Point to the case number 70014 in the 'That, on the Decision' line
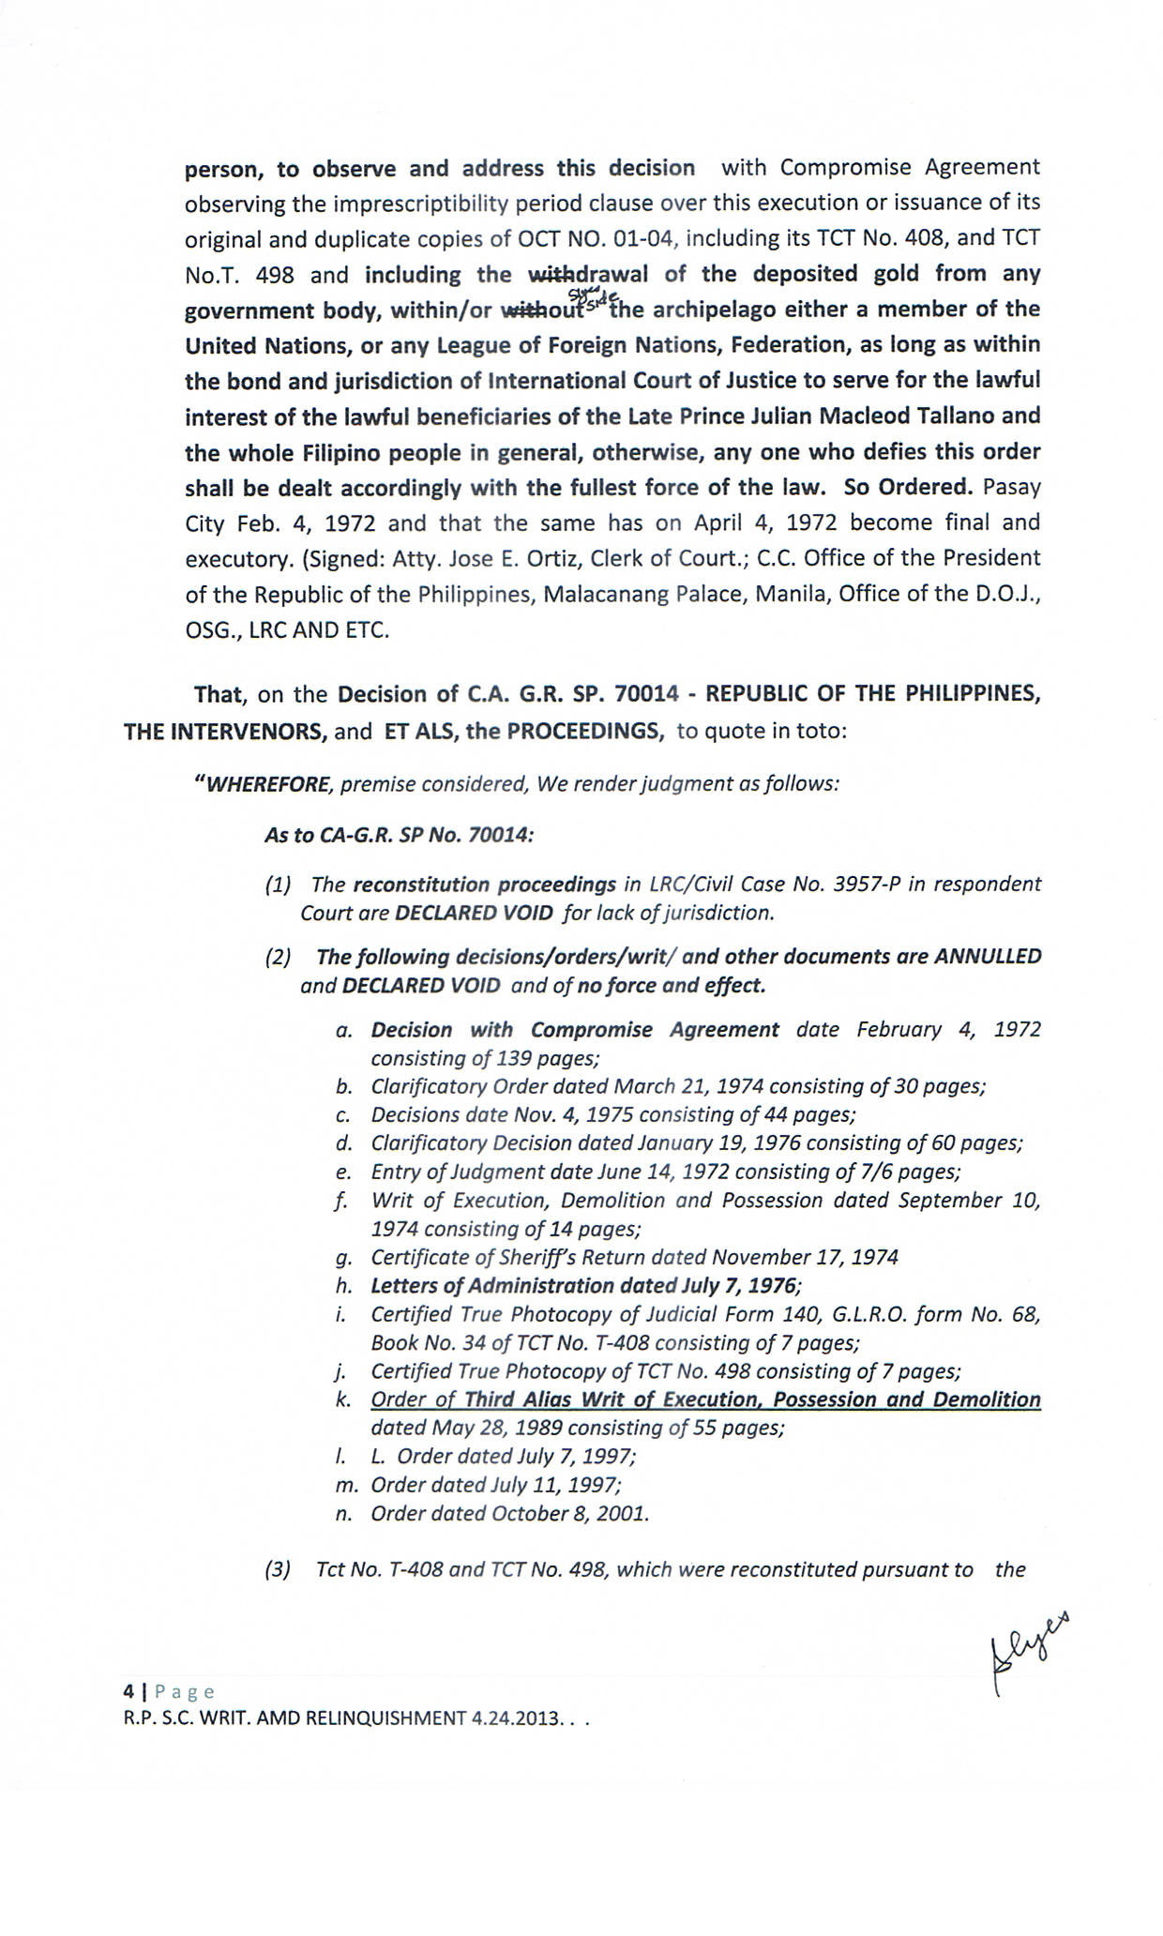[646, 695]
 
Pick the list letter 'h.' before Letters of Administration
[343, 1286]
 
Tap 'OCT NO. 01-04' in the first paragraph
[596, 238]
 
